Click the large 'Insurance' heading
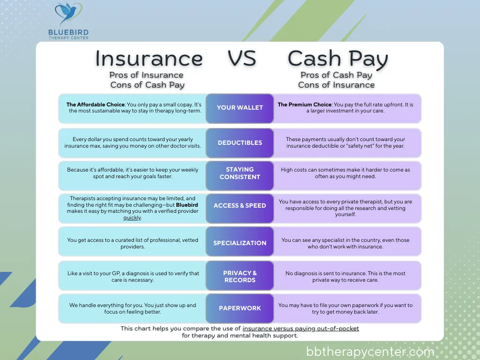pos(149,59)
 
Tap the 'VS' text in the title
pos(242,59)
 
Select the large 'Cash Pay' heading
pos(337,59)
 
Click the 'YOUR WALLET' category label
pos(240,108)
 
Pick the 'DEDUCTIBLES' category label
pos(240,143)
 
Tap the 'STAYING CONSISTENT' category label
pos(240,173)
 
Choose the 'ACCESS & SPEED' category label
pos(240,205)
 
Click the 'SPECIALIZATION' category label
pos(240,243)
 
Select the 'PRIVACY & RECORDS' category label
pos(240,277)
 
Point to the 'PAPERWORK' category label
pos(240,308)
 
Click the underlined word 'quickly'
pos(132,218)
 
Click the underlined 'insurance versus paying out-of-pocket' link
pos(300,329)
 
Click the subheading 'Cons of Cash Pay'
pos(147,85)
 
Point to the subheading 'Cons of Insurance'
pos(336,85)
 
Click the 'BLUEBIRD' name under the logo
pos(68,32)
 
